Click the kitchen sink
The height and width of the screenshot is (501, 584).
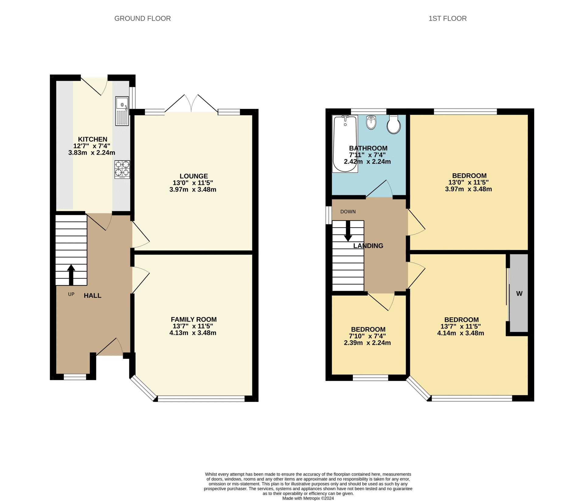pos(122,111)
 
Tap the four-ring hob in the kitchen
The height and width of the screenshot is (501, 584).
pos(122,170)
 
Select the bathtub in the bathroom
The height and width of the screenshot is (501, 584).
pos(345,144)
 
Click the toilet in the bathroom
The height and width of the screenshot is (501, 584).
pos(394,124)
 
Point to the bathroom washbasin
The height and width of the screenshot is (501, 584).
pos(371,122)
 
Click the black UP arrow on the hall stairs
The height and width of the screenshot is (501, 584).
pos(71,275)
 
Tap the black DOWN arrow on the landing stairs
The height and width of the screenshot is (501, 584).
pos(348,231)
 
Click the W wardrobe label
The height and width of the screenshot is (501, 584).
pos(519,294)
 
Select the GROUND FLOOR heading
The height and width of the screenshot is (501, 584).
pos(142,19)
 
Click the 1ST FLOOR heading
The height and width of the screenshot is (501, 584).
pos(447,19)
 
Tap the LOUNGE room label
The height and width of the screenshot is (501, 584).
pos(194,176)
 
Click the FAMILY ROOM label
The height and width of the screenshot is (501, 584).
pos(194,319)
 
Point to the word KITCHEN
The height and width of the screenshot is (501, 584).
pos(92,139)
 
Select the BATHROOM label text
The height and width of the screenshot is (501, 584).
pos(368,148)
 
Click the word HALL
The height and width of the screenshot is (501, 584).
pos(92,295)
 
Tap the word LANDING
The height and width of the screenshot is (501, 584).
pos(368,246)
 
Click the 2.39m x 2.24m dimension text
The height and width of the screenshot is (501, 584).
pos(367,343)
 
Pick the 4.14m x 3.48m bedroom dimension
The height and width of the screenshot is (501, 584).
pos(461,333)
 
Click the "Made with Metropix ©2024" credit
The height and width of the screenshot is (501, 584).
pos(308,498)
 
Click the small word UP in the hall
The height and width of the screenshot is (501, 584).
pos(71,295)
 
